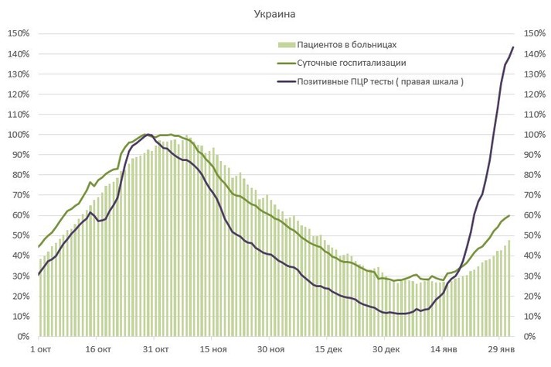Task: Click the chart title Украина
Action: coord(276,14)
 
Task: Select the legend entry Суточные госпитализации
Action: coord(352,63)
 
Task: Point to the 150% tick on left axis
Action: coord(18,33)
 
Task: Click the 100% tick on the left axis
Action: coord(18,135)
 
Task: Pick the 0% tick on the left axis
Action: coord(22,337)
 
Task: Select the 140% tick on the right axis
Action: coord(534,53)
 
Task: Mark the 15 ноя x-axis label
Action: coord(213,350)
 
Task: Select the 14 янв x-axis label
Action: coord(444,350)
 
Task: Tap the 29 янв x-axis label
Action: coord(501,350)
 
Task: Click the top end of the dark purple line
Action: coord(513,47)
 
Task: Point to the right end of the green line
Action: coord(509,215)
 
